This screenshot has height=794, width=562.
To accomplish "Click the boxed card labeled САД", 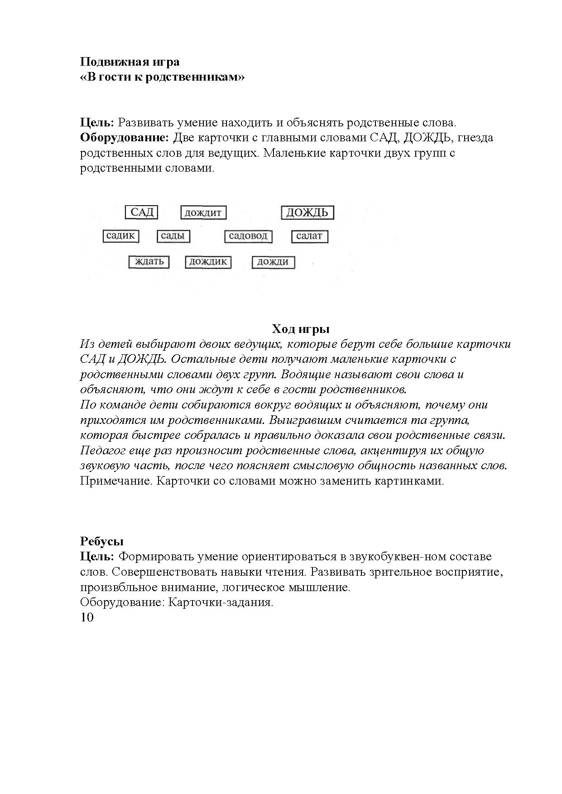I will (x=142, y=212).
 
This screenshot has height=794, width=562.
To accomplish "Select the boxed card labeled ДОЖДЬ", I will (x=307, y=212).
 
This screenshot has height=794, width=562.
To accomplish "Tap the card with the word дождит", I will (x=203, y=212).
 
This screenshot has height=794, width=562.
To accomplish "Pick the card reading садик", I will (x=120, y=236).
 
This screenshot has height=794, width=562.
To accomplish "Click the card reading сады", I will (x=173, y=236).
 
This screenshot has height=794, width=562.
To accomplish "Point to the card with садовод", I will (x=249, y=236).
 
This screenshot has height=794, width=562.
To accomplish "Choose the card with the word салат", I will (x=309, y=236).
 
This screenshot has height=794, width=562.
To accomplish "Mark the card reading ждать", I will (x=149, y=262).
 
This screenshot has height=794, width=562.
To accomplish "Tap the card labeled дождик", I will (x=208, y=262).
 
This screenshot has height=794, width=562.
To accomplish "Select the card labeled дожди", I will (x=273, y=262).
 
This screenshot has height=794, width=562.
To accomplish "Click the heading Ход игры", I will (x=300, y=328).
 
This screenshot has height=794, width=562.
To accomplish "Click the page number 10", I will (x=86, y=617).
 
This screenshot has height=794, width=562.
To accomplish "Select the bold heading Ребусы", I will (x=102, y=541).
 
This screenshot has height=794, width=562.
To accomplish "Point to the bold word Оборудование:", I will (x=125, y=137).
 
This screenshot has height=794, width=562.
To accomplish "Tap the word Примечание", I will (x=115, y=481).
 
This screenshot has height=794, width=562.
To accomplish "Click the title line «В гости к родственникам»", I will (x=162, y=77).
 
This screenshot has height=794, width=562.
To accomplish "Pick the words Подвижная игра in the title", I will (x=130, y=62).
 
